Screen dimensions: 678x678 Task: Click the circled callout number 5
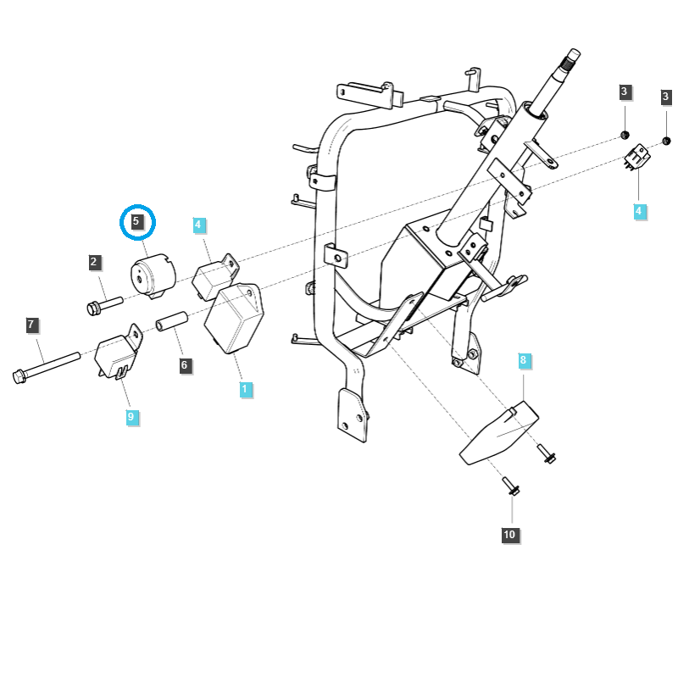136,223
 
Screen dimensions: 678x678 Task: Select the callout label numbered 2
94,263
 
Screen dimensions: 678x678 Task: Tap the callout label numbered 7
31,325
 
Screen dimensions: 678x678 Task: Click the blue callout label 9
131,417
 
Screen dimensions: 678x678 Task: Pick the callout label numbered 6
184,366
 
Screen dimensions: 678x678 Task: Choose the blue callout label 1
245,390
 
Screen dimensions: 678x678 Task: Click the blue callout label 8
523,361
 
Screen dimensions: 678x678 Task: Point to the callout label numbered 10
508,535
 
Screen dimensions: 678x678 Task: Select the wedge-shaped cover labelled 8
500,434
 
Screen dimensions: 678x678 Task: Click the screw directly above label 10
512,486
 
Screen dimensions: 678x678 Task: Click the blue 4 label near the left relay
198,225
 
